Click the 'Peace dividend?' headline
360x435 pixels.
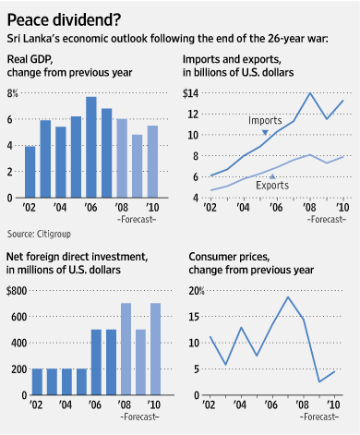point(64,19)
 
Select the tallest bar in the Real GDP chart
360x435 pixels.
point(91,147)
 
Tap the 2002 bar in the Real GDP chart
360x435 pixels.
point(30,172)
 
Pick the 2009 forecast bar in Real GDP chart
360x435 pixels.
point(138,166)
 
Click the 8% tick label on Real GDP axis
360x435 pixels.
point(13,93)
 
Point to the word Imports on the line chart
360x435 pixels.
point(265,120)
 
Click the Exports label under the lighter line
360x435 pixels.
point(272,185)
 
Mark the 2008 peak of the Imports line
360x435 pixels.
point(309,93)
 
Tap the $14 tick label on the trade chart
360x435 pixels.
point(190,93)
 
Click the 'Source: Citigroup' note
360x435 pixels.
point(39,234)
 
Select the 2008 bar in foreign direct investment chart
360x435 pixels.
point(126,349)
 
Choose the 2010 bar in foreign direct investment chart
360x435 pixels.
point(155,349)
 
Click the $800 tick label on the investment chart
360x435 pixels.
point(17,291)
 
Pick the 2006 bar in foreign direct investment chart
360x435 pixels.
point(96,362)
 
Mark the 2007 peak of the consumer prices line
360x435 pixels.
point(288,297)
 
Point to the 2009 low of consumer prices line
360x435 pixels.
point(319,381)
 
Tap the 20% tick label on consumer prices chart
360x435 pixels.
point(197,291)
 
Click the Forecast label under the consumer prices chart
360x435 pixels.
point(319,417)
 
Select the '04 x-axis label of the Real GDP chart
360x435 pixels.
point(60,207)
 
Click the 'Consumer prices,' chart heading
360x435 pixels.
point(229,257)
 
